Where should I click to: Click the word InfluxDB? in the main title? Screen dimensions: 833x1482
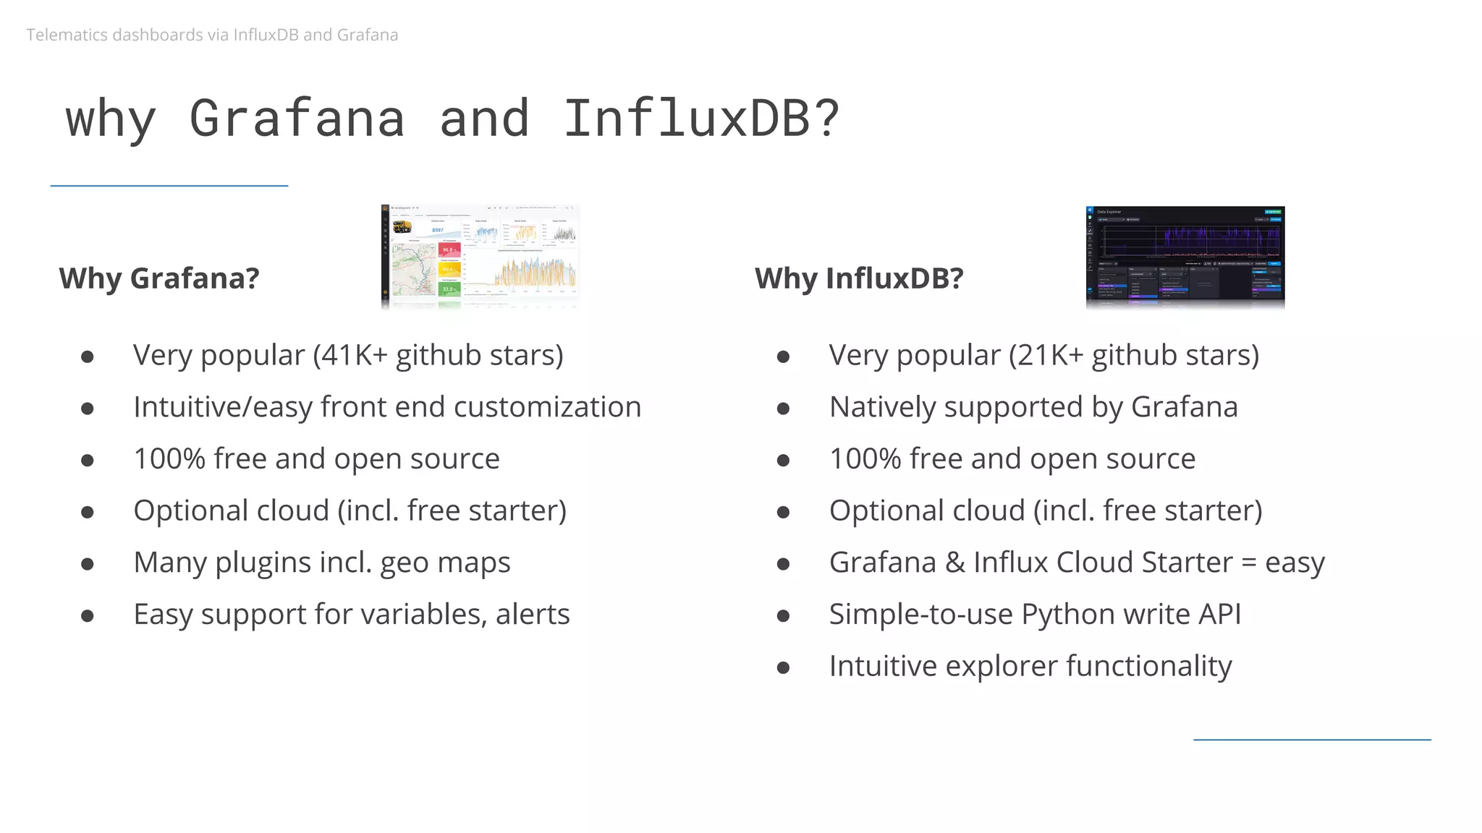[700, 119]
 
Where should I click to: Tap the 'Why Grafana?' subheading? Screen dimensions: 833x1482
[159, 278]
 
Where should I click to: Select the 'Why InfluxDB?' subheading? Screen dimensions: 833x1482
[859, 278]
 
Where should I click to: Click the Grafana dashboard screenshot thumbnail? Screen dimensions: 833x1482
[480, 256]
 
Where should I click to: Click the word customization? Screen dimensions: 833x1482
[547, 407]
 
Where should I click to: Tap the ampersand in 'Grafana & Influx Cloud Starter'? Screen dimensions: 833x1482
[955, 563]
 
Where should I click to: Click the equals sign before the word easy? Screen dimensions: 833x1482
[1248, 563]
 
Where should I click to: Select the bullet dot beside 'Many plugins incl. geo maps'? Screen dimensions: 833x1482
[88, 564]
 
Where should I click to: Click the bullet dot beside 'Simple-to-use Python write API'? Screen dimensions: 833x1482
[783, 616]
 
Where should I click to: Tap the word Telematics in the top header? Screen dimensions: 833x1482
[67, 35]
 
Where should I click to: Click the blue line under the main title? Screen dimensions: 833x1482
[169, 186]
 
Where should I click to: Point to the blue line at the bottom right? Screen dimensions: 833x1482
[1312, 740]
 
